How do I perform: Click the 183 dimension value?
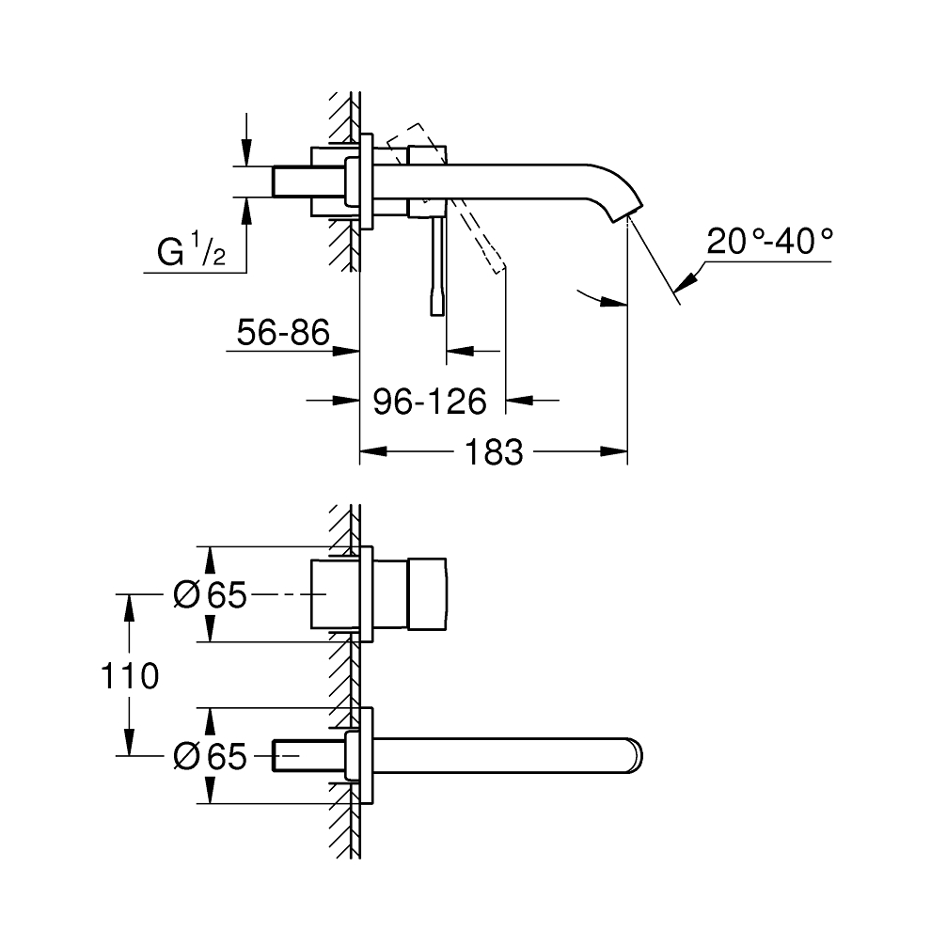click(493, 452)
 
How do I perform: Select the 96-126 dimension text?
click(430, 402)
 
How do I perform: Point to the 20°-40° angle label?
click(770, 242)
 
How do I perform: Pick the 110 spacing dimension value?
click(132, 675)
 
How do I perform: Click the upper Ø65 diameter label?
click(211, 594)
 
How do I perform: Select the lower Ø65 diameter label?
click(211, 756)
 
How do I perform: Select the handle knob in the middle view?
click(429, 594)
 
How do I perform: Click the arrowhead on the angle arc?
click(615, 302)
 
